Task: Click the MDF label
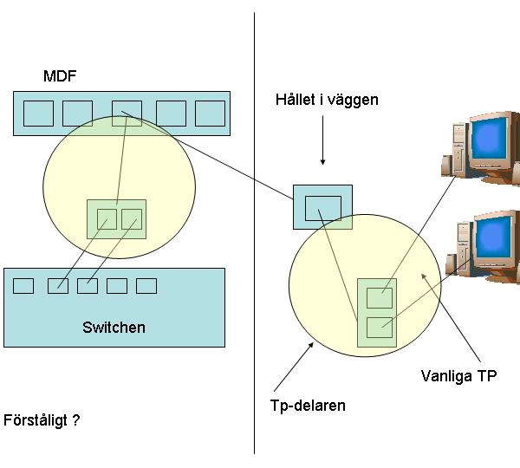[60, 76]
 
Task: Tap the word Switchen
[114, 328]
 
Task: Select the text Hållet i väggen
[327, 100]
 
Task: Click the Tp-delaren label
[308, 406]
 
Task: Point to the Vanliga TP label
[459, 376]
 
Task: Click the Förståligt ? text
[42, 420]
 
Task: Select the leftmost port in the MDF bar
[38, 114]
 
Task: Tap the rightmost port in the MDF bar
[211, 114]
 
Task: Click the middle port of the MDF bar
[127, 114]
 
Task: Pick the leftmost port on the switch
[23, 286]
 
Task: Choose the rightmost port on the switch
[146, 286]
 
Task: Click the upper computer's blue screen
[489, 138]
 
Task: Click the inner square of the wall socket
[323, 208]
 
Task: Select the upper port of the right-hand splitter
[380, 298]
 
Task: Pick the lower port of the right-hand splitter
[380, 328]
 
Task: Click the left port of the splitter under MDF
[107, 219]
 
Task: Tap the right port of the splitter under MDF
[132, 219]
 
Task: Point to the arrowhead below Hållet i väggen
[322, 162]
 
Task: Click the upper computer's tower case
[459, 148]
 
